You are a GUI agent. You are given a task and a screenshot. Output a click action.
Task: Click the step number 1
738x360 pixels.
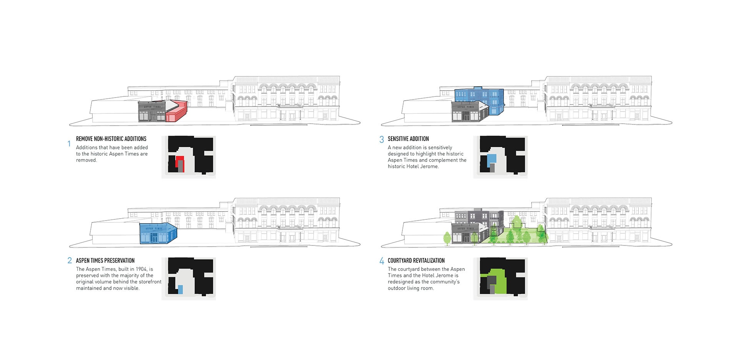pyautogui.click(x=69, y=144)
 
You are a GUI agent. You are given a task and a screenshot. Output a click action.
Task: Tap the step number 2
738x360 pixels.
pyautogui.click(x=70, y=260)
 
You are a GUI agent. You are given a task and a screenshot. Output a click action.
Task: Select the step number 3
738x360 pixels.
pyautogui.click(x=382, y=139)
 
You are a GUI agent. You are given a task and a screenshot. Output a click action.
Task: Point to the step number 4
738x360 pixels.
pyautogui.click(x=382, y=261)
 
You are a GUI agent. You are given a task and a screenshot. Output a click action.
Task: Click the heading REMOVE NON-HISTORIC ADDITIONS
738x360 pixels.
pyautogui.click(x=111, y=139)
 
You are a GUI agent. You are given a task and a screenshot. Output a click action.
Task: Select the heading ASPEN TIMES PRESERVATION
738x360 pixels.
pyautogui.click(x=105, y=260)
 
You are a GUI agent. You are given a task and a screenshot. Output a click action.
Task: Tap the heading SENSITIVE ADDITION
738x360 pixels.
pyautogui.click(x=408, y=139)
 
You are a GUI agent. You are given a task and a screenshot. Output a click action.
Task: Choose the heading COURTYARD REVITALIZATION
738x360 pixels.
pyautogui.click(x=416, y=260)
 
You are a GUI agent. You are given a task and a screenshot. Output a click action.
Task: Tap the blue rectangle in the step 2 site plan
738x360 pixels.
pyautogui.click(x=180, y=290)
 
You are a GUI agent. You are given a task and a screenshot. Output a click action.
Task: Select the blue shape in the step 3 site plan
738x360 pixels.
pyautogui.click(x=492, y=159)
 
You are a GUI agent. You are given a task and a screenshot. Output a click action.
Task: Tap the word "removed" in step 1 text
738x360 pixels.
pyautogui.click(x=86, y=160)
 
